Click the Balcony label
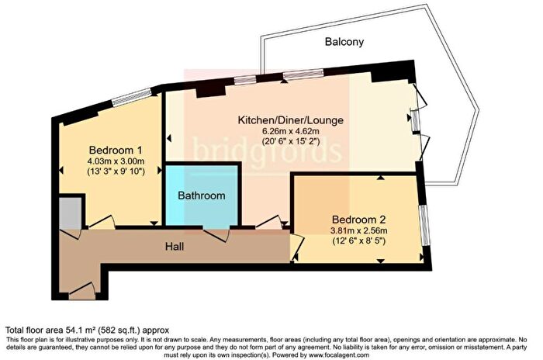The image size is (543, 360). tap(344, 42)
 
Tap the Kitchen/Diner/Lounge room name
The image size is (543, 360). tap(291, 120)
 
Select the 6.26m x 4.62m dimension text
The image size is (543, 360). tap(291, 132)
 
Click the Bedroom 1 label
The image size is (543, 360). tap(116, 151)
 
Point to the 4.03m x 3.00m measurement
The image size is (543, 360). tap(116, 161)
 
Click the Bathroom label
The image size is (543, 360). tap(202, 196)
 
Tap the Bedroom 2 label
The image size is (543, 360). tap(358, 220)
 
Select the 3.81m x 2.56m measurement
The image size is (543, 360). tap(358, 230)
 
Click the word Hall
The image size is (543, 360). tap(175, 247)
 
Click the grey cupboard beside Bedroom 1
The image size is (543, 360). tap(71, 213)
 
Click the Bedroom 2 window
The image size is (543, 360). tap(424, 225)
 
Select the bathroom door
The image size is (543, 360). tap(216, 234)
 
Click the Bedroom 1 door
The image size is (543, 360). tap(102, 223)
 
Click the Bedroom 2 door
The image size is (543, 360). tap(298, 247)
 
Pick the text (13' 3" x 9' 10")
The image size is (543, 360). tap(116, 171)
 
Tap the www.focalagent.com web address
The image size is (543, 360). tap(339, 355)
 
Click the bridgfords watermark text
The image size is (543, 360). tap(267, 151)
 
